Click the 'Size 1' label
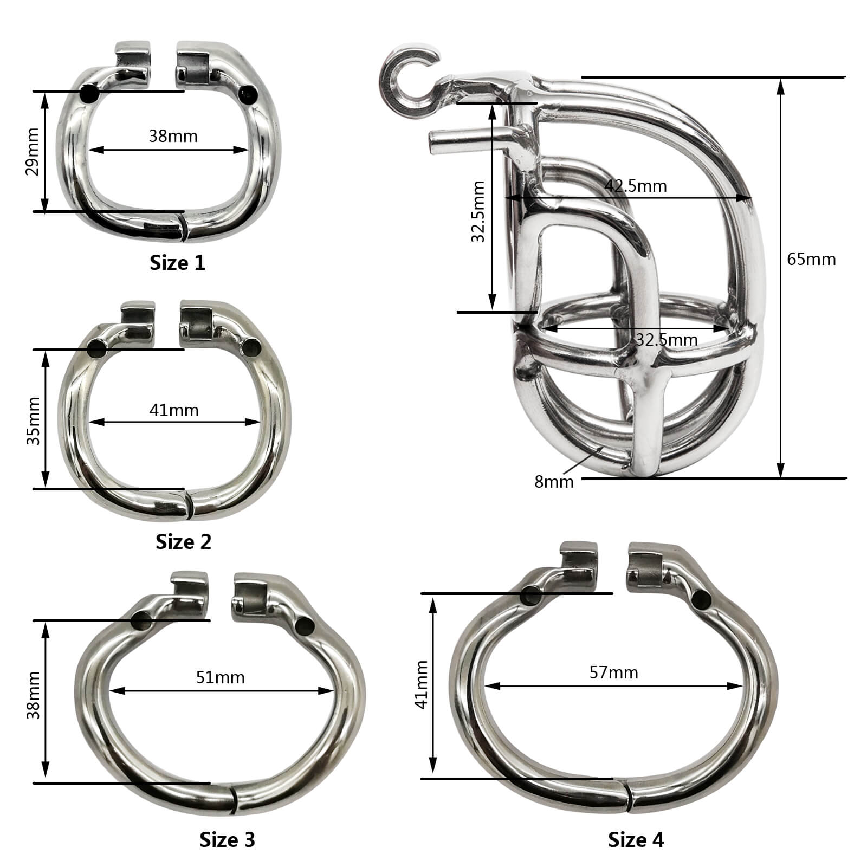click(177, 263)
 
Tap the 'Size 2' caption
click(183, 541)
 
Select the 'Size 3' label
click(227, 839)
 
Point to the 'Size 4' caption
click(636, 839)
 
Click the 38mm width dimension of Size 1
click(173, 135)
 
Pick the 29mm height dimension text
click(33, 152)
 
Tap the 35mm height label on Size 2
click(34, 420)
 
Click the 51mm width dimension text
click(220, 677)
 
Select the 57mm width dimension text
click(613, 672)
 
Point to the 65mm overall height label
click(811, 259)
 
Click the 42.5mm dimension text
click(635, 186)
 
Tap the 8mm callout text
click(553, 481)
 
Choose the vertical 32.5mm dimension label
click(477, 211)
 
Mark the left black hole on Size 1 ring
click(89, 94)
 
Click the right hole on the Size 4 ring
click(702, 599)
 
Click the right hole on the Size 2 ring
click(252, 346)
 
